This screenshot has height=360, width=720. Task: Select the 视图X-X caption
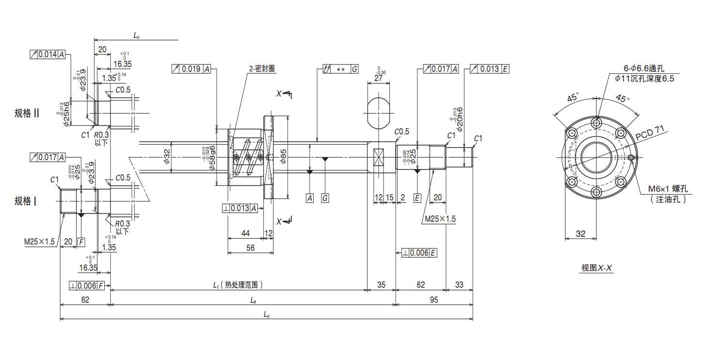point(597,268)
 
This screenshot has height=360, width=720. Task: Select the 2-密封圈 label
point(262,69)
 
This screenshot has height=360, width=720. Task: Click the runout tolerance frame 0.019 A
point(192,69)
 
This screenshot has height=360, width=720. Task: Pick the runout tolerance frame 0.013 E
point(487,69)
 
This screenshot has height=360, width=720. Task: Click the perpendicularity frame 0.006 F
point(87,285)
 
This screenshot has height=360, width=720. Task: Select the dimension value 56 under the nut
point(251,247)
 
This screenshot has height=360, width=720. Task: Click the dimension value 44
point(245,233)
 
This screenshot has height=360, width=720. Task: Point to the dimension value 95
point(433,300)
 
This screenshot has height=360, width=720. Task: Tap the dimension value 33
point(459,285)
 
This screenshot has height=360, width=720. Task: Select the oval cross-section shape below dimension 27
point(379,112)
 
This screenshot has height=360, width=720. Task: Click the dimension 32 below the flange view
point(580,233)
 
